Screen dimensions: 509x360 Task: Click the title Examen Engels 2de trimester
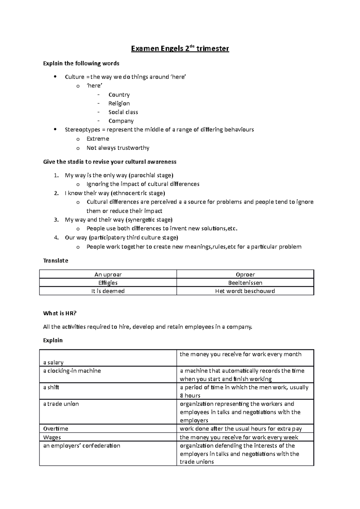[180, 49]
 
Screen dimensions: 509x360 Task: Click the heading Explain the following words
[81, 63]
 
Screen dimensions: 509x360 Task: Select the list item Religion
[119, 103]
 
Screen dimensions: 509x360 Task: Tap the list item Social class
[123, 112]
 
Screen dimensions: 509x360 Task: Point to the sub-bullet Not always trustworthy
[118, 148]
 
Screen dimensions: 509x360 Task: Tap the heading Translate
[55, 260]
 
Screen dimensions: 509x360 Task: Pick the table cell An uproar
[108, 274]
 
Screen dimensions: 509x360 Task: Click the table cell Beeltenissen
[245, 283]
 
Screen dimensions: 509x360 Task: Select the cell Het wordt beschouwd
[245, 291]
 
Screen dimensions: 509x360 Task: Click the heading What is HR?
[60, 313]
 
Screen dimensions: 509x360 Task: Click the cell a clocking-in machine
[72, 371]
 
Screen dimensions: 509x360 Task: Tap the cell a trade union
[61, 404]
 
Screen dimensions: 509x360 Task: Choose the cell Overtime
[56, 429]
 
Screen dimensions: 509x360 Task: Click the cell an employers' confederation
[82, 446]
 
